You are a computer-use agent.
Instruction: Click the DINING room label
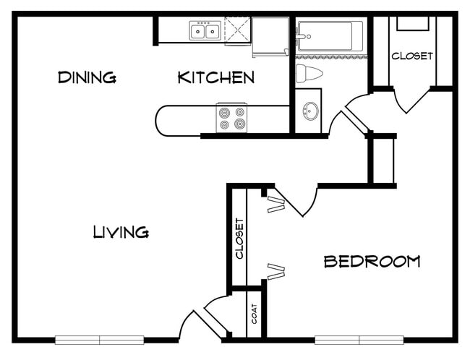coord(87,77)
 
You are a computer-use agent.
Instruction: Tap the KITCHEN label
coord(216,77)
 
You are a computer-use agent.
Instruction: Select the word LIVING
coord(121,232)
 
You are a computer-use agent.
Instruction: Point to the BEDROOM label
coord(372,261)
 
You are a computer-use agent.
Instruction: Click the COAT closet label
coord(255,314)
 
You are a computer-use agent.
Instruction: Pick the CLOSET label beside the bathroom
coord(412,56)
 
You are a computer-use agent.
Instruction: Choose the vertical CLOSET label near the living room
coord(240,239)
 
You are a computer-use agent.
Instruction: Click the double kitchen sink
coord(205,30)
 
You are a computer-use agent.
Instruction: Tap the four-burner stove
coord(231,118)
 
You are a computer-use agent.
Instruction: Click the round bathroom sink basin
coord(310,111)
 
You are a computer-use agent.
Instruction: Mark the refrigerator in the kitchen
coord(270,37)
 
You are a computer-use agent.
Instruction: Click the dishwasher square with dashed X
coord(237,30)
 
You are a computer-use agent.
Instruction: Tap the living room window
coord(100,340)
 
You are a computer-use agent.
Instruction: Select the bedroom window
coord(359,340)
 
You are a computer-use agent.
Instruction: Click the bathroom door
coord(354,119)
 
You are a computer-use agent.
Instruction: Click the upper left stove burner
coord(224,112)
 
